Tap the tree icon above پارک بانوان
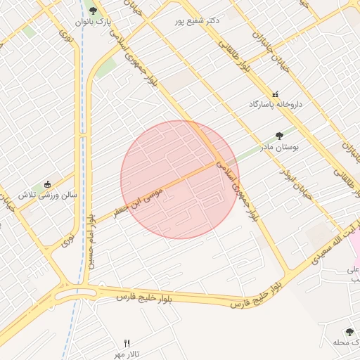click(x=93, y=11)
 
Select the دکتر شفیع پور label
click(x=198, y=20)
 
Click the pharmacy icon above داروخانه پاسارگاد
click(x=275, y=94)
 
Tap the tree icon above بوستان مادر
click(x=280, y=136)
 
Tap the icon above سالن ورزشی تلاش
click(x=47, y=184)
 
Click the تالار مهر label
click(x=127, y=352)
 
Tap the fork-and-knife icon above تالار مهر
click(x=127, y=342)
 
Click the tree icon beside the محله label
click(x=350, y=331)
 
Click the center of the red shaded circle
click(x=179, y=179)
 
